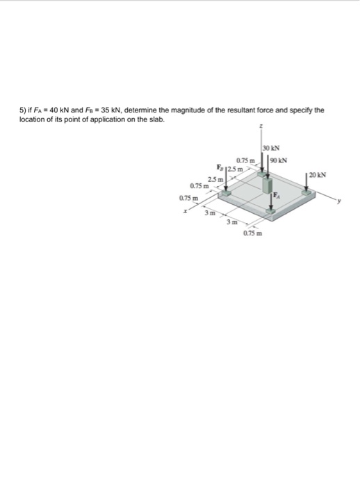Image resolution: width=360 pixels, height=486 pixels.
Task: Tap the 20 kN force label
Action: pyautogui.click(x=318, y=174)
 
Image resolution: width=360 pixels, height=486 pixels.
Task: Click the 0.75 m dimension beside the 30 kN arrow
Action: pyautogui.click(x=247, y=162)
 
